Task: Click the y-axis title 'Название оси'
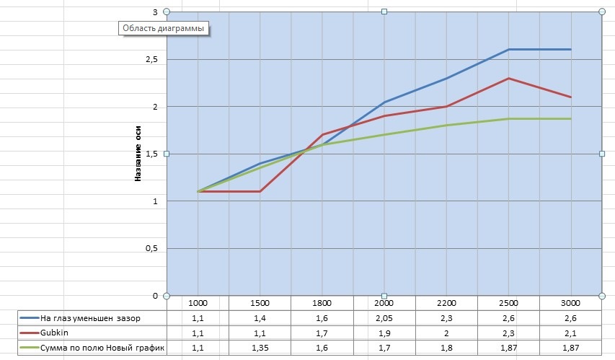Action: click(138, 154)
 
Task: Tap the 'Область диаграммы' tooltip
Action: click(163, 29)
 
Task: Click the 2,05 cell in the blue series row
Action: click(384, 318)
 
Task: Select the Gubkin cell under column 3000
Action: click(571, 333)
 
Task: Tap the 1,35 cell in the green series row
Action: click(260, 348)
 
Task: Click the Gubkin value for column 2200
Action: click(446, 333)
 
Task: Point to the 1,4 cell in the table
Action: click(260, 318)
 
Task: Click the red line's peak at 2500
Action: click(509, 78)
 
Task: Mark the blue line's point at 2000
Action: click(384, 102)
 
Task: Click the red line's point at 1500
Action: click(260, 191)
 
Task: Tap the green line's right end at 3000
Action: click(571, 118)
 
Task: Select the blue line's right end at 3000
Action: click(571, 49)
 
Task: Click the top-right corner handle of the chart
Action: click(602, 12)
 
